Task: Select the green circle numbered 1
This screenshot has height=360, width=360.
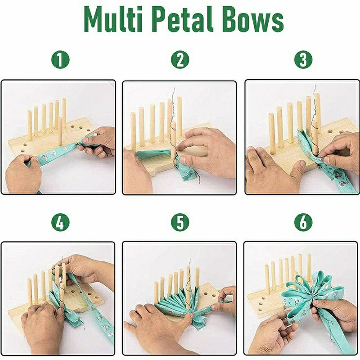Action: tap(60, 59)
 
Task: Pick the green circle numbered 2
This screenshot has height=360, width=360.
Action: tap(180, 59)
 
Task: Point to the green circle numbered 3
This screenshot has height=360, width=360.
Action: tap(303, 59)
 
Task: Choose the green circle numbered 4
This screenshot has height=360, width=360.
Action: tap(60, 222)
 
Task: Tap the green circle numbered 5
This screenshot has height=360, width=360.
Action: tap(180, 222)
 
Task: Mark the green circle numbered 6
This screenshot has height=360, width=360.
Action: tap(303, 222)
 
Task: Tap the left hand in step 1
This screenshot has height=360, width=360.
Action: tap(23, 173)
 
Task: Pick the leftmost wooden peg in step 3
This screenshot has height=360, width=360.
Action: tap(272, 133)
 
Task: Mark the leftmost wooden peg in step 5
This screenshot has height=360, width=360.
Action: tap(156, 293)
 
